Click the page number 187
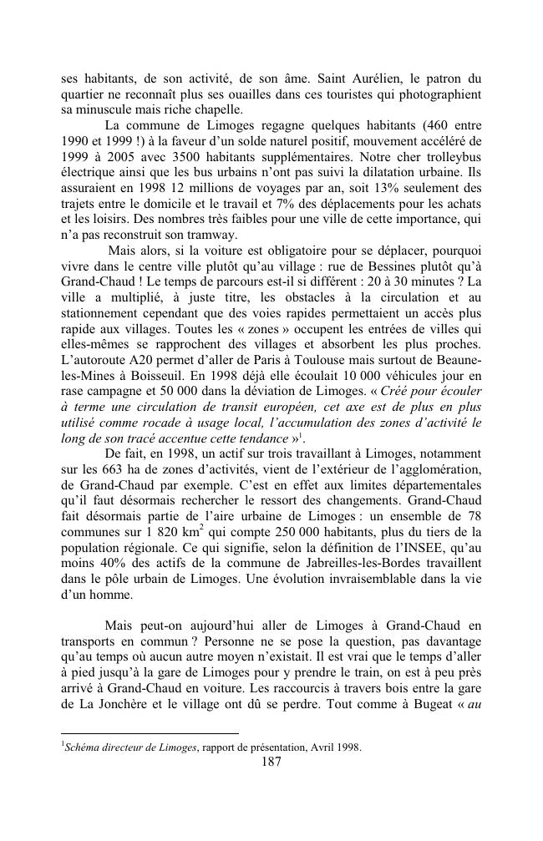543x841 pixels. [x=271, y=761]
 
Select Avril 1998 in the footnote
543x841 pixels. [x=337, y=747]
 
